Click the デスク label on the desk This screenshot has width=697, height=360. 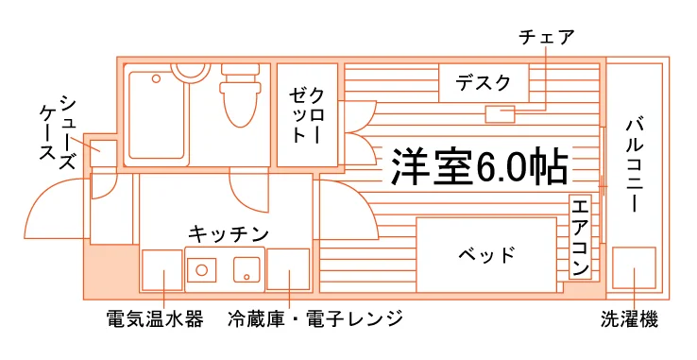pos(484,83)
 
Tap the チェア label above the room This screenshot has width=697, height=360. pos(546,37)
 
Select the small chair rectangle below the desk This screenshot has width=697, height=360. pos(500,114)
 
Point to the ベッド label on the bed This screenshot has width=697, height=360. pos(486,254)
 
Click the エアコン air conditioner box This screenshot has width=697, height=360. pos(580,237)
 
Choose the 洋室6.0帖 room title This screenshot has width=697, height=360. pos(480,165)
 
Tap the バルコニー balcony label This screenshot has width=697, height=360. pos(636,163)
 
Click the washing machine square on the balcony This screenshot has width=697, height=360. pos(634,268)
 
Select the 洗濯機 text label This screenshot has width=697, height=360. pos(629,319)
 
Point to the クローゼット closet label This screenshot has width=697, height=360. pos(307,115)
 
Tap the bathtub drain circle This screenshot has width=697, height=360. pos(156,79)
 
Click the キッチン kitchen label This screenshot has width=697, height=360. pos(229,233)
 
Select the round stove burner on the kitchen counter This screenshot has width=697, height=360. pos(202,269)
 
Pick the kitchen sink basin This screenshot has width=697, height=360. pos(246,269)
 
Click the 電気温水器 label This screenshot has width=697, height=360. pos(155,319)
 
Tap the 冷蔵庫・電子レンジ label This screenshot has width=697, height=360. pos(315,318)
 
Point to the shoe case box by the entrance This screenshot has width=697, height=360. pos(104,153)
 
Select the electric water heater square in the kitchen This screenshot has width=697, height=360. pos(162,270)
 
